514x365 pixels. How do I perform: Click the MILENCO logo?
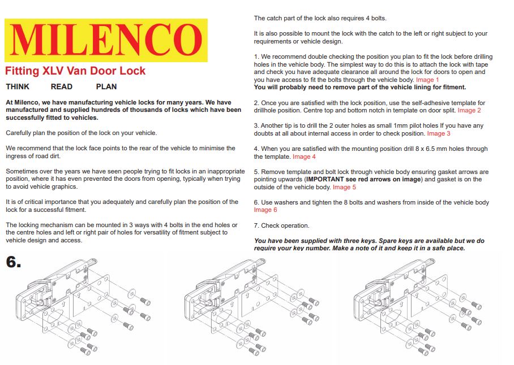106,40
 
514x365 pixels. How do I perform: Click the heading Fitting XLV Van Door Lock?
75,71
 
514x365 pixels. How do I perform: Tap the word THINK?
18,87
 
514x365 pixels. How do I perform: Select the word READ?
62,87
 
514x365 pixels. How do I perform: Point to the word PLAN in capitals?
106,87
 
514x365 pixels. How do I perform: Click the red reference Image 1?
428,80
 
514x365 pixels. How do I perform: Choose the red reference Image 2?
469,111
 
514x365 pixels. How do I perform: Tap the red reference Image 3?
439,134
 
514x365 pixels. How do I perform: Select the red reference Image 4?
304,157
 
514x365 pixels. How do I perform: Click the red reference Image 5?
344,187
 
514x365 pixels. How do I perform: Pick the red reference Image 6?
265,210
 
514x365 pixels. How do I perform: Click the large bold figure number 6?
14,262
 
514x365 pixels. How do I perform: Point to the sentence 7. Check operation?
282,225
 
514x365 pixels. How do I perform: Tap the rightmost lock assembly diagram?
421,308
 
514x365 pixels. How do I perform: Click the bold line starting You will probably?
360,88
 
